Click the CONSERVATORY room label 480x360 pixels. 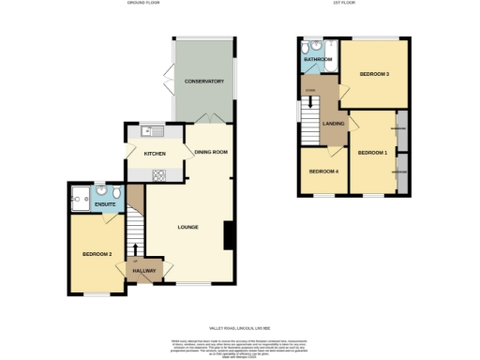click(203, 82)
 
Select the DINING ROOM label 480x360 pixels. click(211, 151)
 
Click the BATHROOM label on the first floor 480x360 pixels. click(318, 59)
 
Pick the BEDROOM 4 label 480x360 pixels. click(322, 171)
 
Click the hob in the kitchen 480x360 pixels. click(159, 173)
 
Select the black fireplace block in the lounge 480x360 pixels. click(228, 235)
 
